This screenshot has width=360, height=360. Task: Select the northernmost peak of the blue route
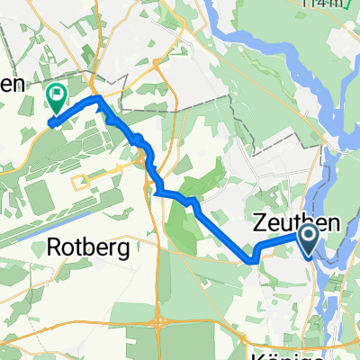click(x=97, y=97)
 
